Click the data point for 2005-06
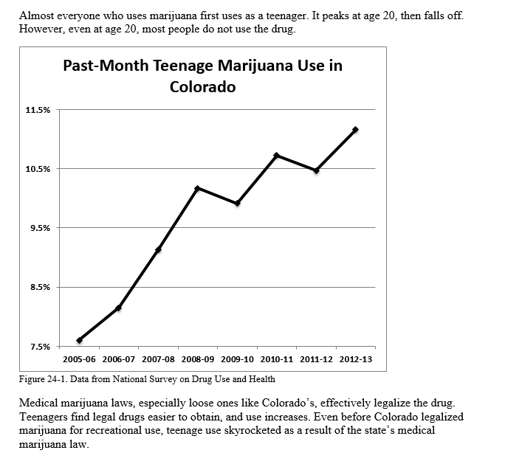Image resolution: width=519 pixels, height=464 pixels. (80, 340)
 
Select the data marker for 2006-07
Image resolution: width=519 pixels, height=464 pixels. (119, 308)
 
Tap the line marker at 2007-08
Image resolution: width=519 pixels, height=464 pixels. (158, 249)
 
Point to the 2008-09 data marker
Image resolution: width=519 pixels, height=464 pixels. (197, 189)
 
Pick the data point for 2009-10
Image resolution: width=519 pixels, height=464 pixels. (237, 203)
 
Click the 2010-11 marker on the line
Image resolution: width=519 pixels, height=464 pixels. (277, 155)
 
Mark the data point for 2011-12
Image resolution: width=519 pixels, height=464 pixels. (316, 170)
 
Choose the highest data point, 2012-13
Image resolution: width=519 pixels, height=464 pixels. (356, 129)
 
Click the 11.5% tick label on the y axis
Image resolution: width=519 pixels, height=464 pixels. (38, 110)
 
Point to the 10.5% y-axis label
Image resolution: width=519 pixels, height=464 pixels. (38, 170)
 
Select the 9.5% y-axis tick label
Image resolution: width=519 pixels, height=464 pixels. (41, 228)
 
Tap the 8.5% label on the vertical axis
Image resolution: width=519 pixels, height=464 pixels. (41, 287)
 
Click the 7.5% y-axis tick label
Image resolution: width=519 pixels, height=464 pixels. (41, 347)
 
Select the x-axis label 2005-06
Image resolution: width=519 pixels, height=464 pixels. (79, 359)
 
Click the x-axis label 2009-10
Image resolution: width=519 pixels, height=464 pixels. (237, 359)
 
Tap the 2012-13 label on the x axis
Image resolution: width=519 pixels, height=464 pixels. (356, 359)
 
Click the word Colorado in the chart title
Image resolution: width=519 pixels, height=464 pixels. (202, 87)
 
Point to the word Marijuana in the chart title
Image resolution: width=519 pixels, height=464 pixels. (255, 66)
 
